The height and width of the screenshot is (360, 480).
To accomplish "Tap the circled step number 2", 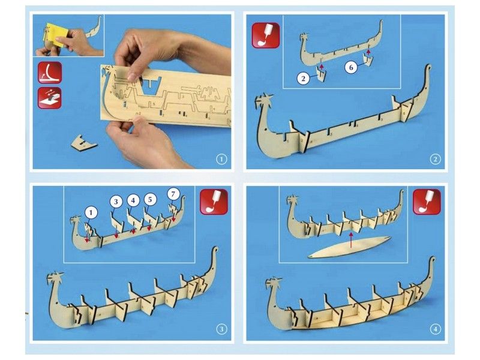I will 435,160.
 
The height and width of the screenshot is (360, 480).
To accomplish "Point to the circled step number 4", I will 435,329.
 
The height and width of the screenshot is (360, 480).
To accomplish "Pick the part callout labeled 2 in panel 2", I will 305,77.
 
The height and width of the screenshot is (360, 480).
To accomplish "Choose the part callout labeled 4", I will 133,199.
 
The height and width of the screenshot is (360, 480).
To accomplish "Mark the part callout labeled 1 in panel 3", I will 90,212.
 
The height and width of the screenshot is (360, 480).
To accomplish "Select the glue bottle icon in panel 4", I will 427,202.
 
